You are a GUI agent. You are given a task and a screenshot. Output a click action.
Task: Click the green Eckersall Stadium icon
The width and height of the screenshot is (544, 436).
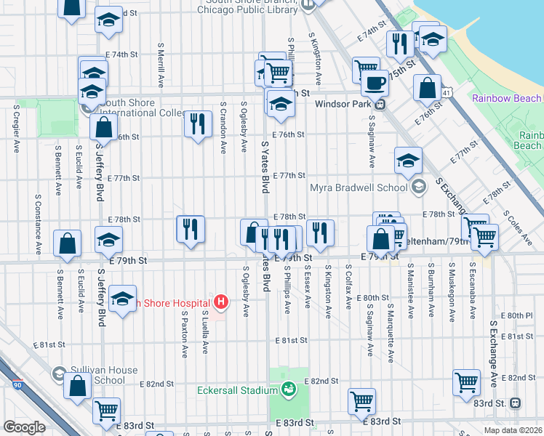(x=289, y=389)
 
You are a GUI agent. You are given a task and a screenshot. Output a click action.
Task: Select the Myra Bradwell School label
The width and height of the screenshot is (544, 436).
(x=358, y=187)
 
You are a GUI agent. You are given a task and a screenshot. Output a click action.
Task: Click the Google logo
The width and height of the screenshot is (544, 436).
(x=24, y=427)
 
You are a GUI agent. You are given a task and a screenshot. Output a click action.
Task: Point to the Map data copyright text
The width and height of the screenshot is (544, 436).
(x=513, y=430)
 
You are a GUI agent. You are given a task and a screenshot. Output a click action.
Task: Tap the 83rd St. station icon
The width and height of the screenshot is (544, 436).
(x=515, y=402)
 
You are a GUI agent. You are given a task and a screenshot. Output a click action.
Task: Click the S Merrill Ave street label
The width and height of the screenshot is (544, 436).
(x=159, y=62)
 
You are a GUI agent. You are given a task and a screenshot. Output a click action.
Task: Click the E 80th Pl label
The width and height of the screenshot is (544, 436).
(x=521, y=315)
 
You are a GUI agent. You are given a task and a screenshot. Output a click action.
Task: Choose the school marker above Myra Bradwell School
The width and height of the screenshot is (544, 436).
(x=409, y=160)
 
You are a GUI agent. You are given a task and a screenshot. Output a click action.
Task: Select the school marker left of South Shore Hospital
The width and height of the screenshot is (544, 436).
(x=122, y=298)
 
